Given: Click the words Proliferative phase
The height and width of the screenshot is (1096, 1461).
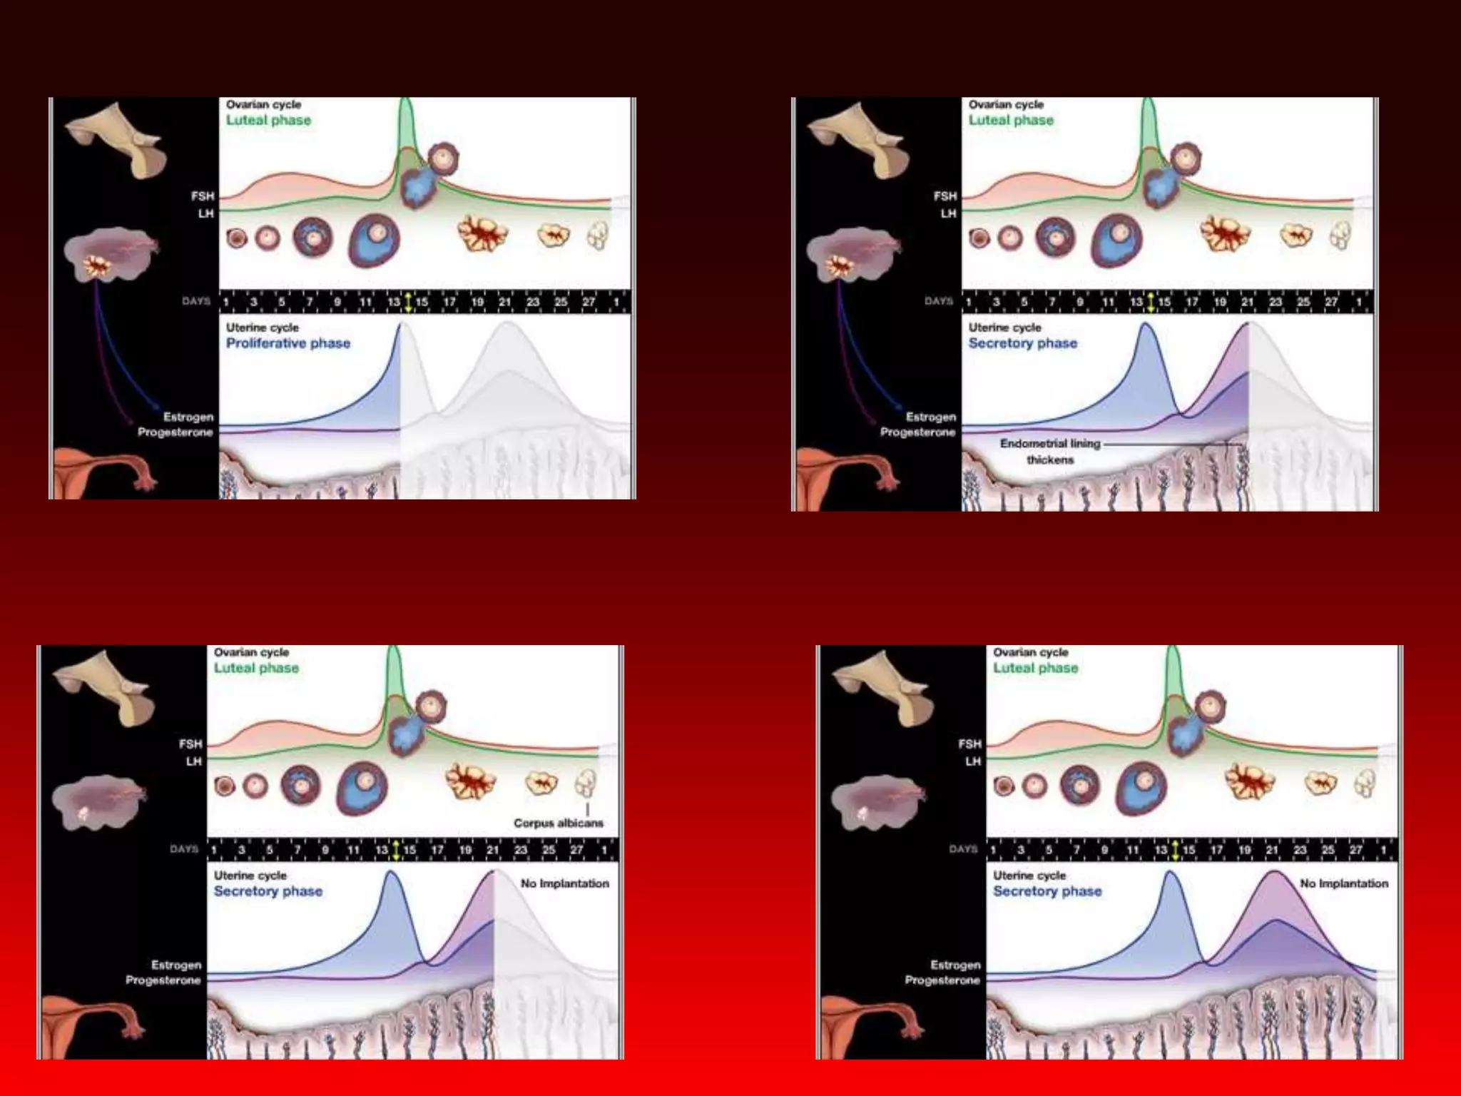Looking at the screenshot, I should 288,343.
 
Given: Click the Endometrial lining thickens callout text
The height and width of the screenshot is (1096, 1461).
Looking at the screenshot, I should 1050,452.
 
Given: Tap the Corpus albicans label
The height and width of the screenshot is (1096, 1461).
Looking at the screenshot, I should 558,823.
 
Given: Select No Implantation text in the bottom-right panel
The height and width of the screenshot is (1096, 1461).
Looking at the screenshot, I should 1344,883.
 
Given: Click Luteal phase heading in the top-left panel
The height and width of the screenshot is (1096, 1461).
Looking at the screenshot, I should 269,120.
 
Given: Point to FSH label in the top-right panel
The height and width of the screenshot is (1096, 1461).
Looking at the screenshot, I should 945,196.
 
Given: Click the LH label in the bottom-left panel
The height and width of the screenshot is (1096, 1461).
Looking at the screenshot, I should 194,761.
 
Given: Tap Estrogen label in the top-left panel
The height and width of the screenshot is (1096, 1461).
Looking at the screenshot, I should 188,417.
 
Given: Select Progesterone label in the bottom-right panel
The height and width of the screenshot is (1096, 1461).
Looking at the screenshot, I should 942,980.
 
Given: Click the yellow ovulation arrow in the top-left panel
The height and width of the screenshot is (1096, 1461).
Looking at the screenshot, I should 408,302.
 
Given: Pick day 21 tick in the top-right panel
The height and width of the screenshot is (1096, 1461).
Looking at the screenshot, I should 1248,302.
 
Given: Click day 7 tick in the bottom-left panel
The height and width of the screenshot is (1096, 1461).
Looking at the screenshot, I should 297,850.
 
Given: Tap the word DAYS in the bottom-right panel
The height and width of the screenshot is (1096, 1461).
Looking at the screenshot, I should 963,849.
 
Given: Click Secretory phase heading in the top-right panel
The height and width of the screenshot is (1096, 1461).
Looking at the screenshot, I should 1023,343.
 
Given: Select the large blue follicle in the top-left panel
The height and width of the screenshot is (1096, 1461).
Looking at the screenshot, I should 375,239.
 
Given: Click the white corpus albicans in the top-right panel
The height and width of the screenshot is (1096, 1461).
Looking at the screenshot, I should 1340,235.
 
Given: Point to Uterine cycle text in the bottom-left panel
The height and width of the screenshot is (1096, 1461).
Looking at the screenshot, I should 250,876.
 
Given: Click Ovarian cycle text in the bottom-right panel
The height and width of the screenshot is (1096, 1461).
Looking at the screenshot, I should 1031,652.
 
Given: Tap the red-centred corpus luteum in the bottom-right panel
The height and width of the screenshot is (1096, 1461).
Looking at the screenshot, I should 1250,781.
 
